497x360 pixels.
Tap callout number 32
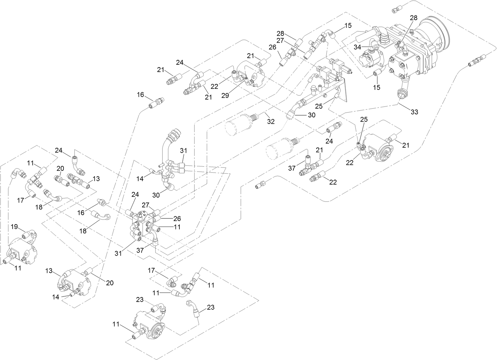tap(271, 122)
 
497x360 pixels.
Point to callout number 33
tap(414, 112)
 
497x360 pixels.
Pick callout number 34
tap(357, 47)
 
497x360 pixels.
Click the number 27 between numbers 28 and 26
tap(280, 40)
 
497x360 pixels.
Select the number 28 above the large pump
tap(414, 18)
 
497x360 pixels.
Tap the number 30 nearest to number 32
tap(311, 115)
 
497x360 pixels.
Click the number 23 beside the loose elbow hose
tap(211, 307)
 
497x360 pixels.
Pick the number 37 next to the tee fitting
tap(291, 169)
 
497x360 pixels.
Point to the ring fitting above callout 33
tap(401, 94)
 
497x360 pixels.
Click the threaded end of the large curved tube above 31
tap(174, 134)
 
